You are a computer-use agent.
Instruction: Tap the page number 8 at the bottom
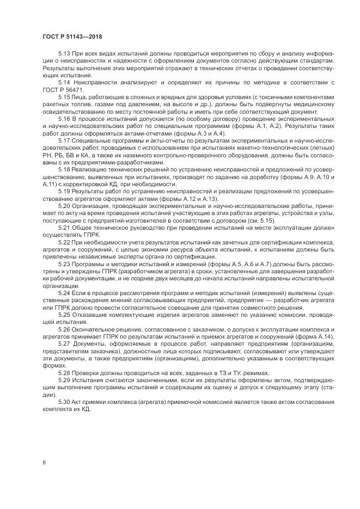43,462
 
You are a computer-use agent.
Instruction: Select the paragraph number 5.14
64,82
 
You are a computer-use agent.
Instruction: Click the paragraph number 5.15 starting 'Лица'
64,96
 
